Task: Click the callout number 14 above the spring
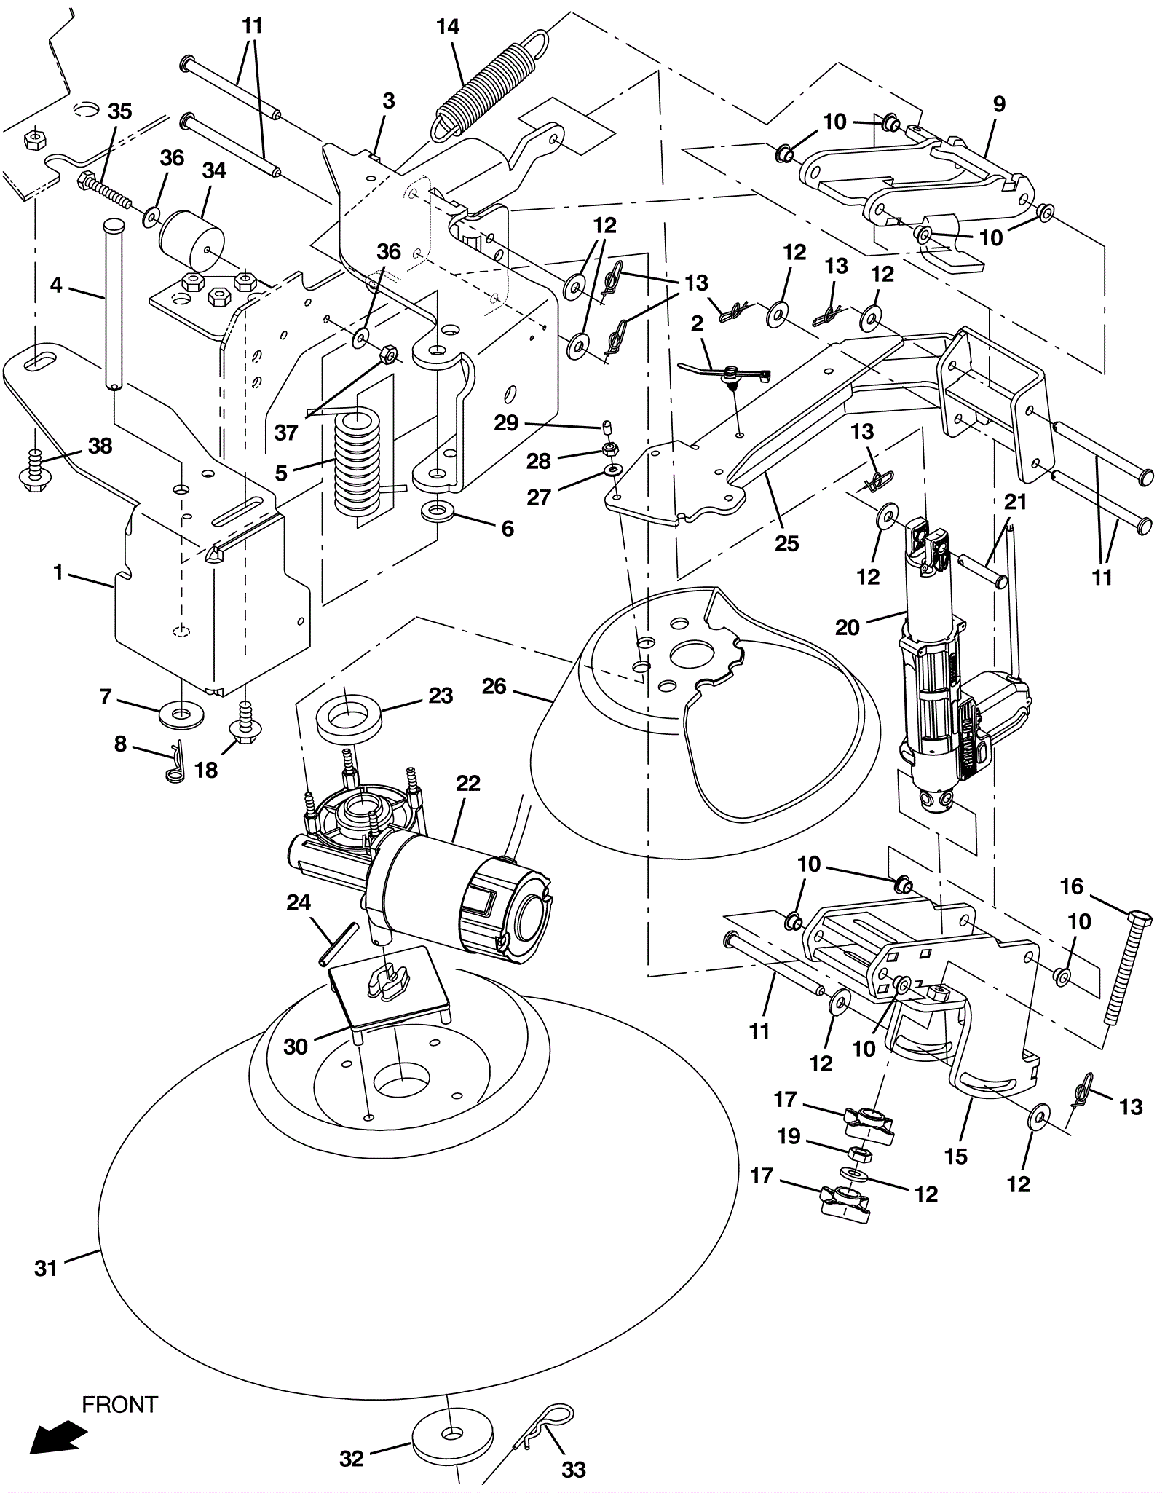click(x=448, y=27)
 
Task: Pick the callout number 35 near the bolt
click(x=120, y=111)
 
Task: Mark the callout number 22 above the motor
click(x=468, y=784)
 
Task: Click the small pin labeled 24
click(x=339, y=945)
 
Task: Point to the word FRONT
click(x=119, y=1404)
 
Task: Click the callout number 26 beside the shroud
click(x=494, y=686)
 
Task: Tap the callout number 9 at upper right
click(x=999, y=104)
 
